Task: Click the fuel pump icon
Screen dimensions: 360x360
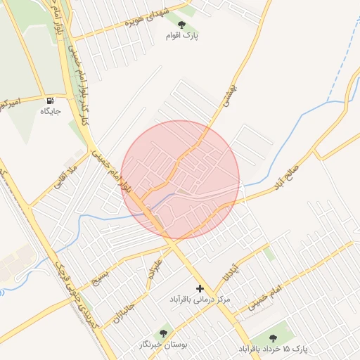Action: (50, 101)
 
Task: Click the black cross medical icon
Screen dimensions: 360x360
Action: (200, 288)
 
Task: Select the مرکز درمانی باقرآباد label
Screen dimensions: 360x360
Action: (200, 300)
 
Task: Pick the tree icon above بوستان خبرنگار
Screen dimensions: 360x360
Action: (164, 333)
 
